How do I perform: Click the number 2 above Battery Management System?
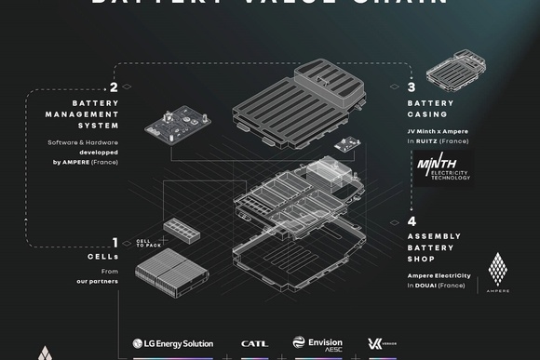coord(113,88)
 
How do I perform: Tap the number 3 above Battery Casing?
coord(411,88)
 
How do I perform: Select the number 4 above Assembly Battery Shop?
coord(411,221)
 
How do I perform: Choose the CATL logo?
coord(254,343)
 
